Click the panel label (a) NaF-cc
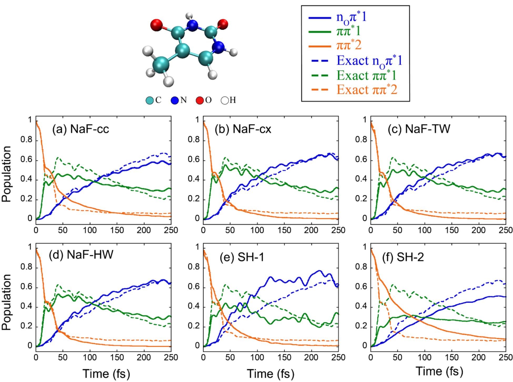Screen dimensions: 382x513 point(81,129)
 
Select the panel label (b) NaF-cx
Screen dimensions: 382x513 point(243,129)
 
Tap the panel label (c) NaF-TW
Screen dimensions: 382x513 point(419,129)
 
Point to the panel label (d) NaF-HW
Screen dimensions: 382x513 point(81,255)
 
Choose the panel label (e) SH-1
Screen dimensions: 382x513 point(242,257)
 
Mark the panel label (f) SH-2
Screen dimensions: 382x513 point(403,257)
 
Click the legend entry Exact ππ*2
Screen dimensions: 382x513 point(367,90)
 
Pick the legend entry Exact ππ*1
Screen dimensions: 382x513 point(366,76)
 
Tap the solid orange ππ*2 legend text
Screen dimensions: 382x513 point(349,45)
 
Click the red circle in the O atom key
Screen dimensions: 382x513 point(200,100)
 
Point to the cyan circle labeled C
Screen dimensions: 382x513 point(150,100)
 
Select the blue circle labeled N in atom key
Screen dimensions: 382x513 point(175,100)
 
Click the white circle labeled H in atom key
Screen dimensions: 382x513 point(225,100)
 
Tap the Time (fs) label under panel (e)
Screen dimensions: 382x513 point(270,374)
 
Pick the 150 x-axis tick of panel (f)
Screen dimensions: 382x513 point(451,357)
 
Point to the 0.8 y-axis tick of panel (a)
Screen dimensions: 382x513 point(26,140)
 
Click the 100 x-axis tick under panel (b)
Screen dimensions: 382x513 point(257,230)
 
